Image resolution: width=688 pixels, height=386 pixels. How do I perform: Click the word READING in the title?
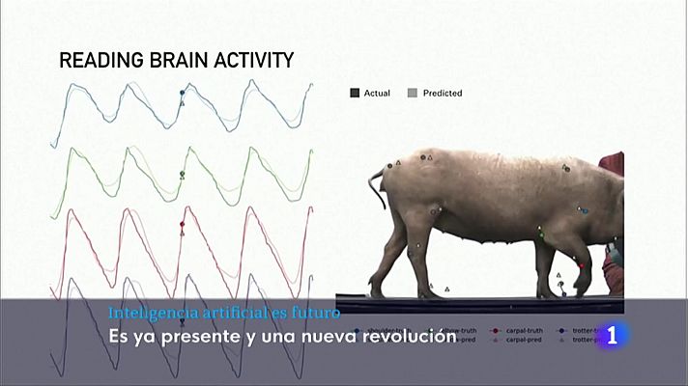tap(98, 61)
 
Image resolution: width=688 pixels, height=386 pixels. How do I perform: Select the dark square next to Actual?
tap(355, 94)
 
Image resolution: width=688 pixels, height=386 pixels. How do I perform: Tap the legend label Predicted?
tap(440, 94)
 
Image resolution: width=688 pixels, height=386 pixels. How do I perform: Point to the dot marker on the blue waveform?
tap(182, 93)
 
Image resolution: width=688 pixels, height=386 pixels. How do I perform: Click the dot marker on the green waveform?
tap(182, 174)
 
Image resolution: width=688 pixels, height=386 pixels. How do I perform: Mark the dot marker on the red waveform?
tap(182, 224)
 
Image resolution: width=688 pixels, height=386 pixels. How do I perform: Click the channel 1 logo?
tap(615, 336)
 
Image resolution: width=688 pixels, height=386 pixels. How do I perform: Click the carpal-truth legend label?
tap(521, 331)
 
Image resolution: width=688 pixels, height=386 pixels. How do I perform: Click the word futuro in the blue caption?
tap(315, 314)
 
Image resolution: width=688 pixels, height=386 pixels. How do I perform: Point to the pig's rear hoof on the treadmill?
tap(428, 293)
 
